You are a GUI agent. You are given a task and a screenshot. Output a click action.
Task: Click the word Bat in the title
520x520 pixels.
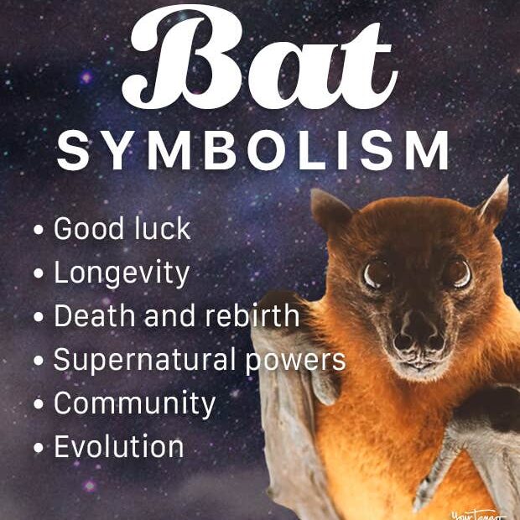pos(260,58)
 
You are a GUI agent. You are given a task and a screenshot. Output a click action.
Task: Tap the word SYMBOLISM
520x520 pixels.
pos(252,150)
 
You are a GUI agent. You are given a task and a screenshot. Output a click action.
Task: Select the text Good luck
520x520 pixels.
pos(122,228)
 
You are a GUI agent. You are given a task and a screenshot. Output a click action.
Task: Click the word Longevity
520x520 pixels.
pos(122,274)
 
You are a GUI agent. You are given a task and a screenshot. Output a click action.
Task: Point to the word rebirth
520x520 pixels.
pos(252,315)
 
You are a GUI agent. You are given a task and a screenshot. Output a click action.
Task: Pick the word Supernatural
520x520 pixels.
pos(144,361)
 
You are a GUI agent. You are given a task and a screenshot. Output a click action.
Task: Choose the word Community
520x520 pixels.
pos(135,404)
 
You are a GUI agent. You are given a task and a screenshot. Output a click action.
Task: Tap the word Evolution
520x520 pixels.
pos(119,446)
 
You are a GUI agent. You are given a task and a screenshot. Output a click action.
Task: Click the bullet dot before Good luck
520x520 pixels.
pos(39,230)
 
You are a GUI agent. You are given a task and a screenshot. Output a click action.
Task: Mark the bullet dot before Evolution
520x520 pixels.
pos(39,448)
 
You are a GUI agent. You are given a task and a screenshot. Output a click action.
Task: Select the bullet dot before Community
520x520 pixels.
pos(39,404)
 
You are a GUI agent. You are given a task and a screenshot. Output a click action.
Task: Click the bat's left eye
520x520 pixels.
pos(377,274)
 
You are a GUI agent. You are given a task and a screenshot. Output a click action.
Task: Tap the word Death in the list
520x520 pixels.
pos(95,315)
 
